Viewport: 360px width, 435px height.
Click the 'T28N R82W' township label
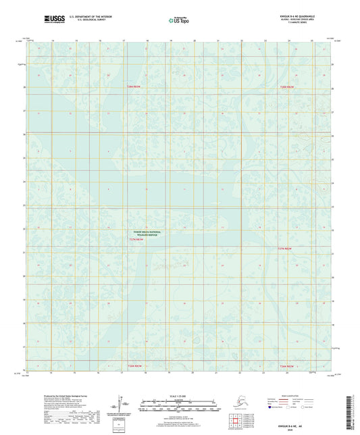(288, 87)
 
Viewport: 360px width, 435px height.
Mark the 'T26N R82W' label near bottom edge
(288, 366)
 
